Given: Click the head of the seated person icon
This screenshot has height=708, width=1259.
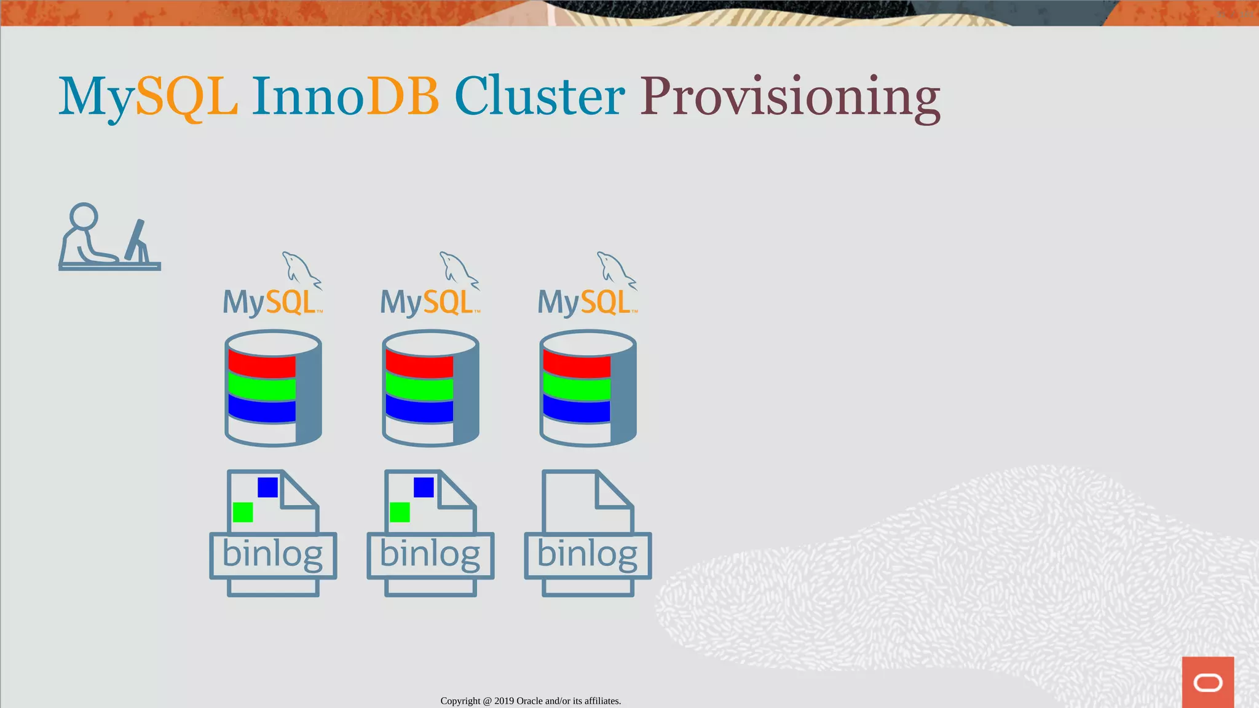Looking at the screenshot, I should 84,216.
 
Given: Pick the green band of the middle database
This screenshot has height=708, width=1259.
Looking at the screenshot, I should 419,388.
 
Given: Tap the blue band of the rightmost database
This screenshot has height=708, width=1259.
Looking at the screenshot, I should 577,410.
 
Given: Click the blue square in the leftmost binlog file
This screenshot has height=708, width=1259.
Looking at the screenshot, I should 267,487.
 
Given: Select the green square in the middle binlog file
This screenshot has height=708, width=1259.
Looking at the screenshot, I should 400,512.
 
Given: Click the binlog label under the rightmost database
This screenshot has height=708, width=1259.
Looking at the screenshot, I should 587,554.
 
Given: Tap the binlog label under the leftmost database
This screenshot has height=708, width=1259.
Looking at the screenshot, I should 272,554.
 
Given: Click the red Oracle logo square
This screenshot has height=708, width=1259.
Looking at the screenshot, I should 1207,682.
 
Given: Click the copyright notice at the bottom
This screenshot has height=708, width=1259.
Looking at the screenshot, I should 531,701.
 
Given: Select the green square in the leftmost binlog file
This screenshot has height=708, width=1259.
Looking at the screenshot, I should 243,512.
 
